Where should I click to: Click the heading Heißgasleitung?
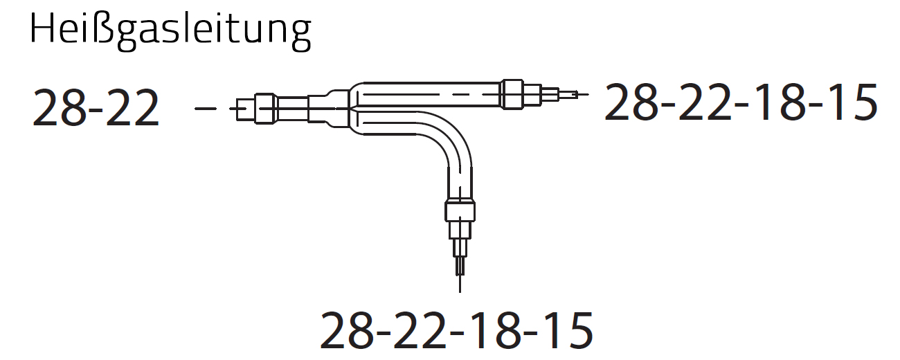point(170,32)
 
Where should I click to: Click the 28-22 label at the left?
point(96,108)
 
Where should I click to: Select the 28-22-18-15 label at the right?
point(741,102)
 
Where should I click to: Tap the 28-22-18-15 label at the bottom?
point(456,330)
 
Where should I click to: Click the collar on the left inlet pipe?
point(265,109)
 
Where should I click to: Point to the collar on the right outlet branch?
point(513,94)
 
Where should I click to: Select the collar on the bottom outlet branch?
point(460,210)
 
